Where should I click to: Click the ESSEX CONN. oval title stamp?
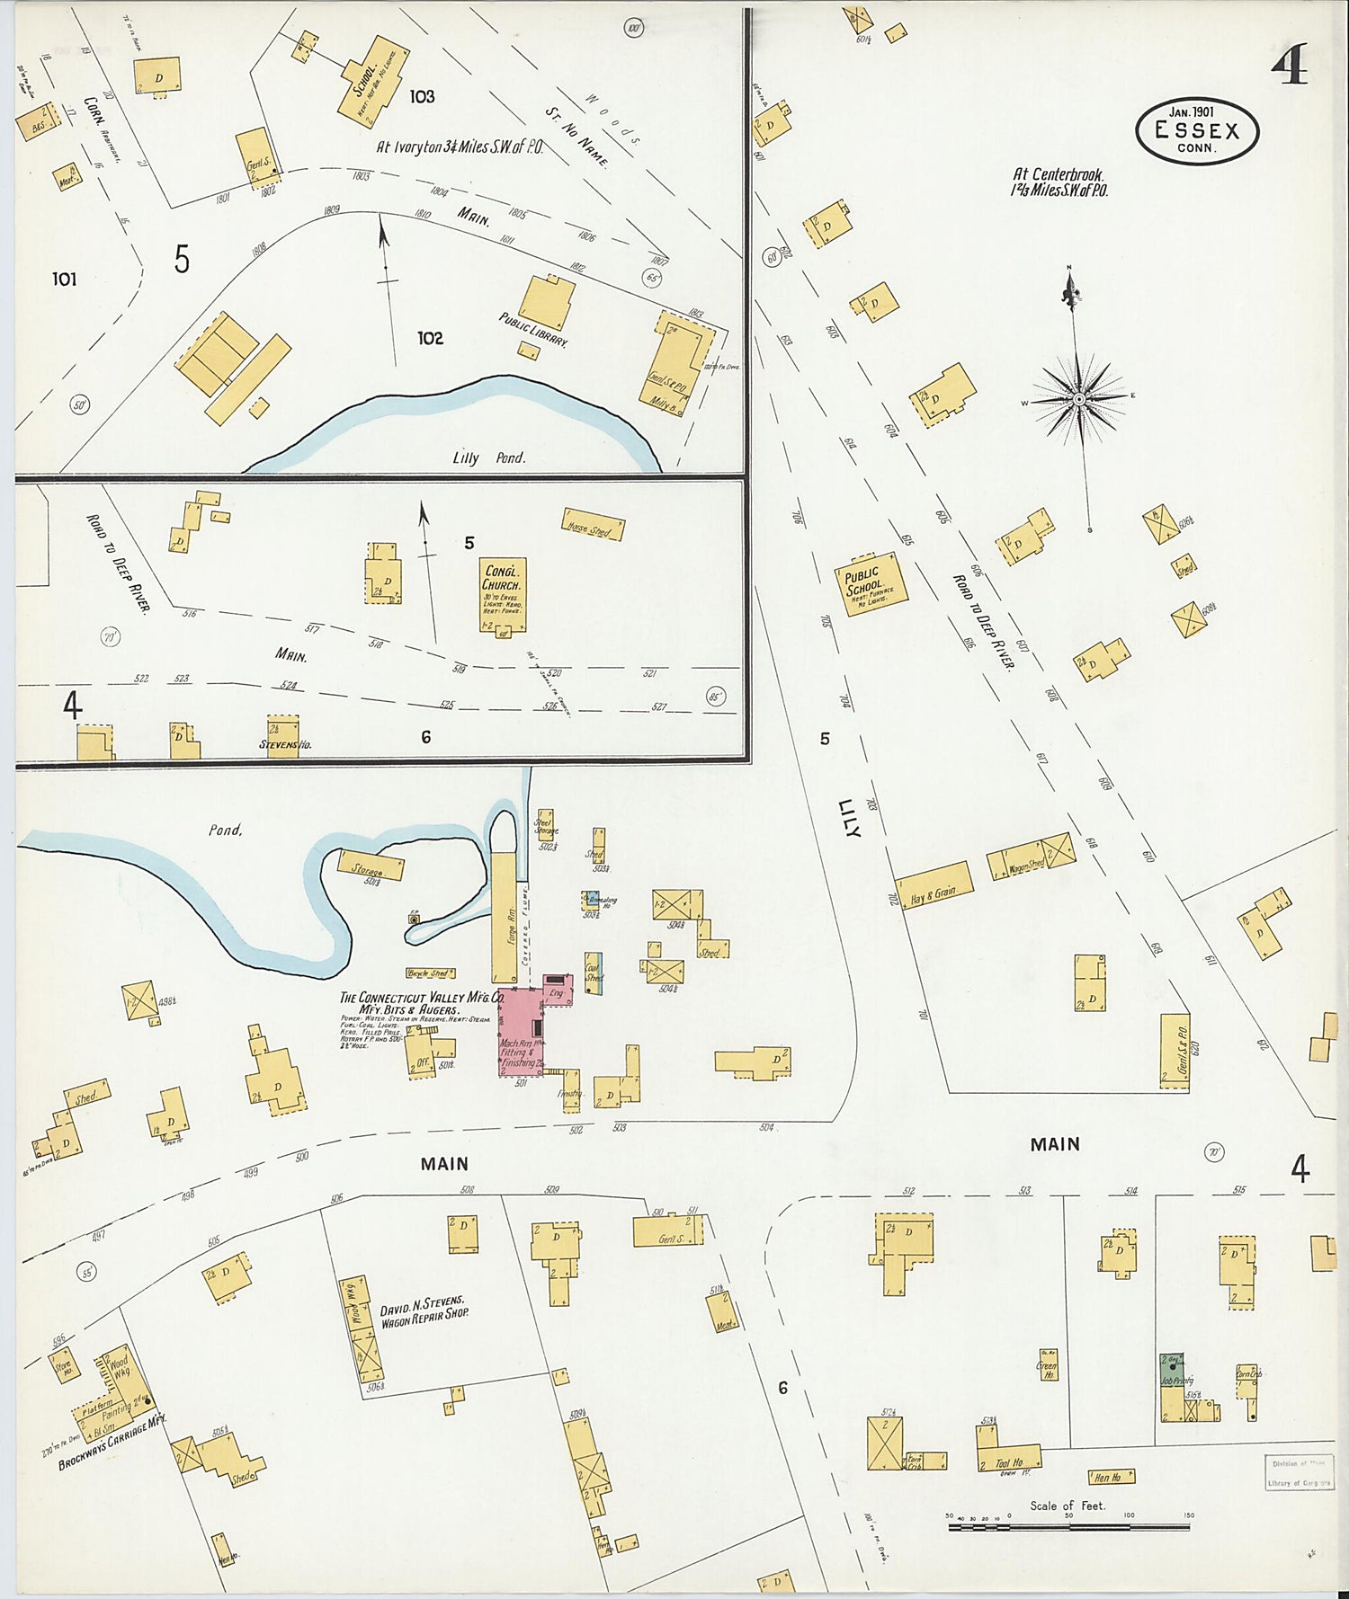[x=1196, y=131]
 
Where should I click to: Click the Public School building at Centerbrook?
[x=870, y=583]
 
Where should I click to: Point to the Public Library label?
[x=533, y=330]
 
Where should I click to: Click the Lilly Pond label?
[x=488, y=457]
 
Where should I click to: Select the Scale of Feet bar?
[x=1068, y=1526]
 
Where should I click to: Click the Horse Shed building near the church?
[x=593, y=524]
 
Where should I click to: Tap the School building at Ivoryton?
[x=369, y=81]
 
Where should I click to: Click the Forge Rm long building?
[x=503, y=917]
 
